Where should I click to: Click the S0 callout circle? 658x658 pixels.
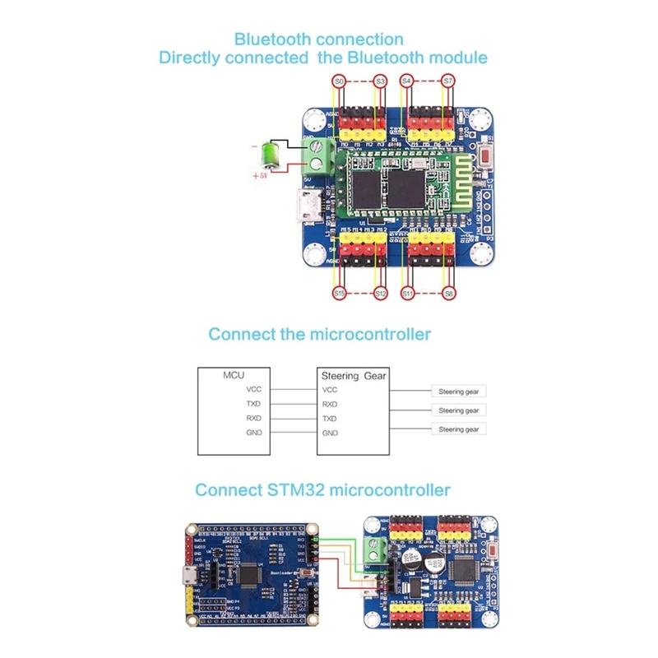pos(338,81)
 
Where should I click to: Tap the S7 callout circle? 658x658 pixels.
pos(448,81)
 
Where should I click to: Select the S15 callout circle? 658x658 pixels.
pos(338,293)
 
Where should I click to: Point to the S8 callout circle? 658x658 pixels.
pos(448,293)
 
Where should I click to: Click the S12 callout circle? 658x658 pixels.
pos(380,293)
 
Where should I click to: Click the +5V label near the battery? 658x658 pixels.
pos(261,176)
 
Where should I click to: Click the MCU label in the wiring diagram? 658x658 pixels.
pos(234,375)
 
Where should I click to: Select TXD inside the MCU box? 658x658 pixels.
pos(253,404)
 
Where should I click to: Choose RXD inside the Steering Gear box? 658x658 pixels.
pos(331,404)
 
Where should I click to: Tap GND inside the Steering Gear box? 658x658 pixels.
pos(331,433)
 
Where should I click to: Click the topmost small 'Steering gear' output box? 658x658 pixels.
pos(458,392)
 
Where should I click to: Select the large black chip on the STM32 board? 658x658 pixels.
pos(248,573)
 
